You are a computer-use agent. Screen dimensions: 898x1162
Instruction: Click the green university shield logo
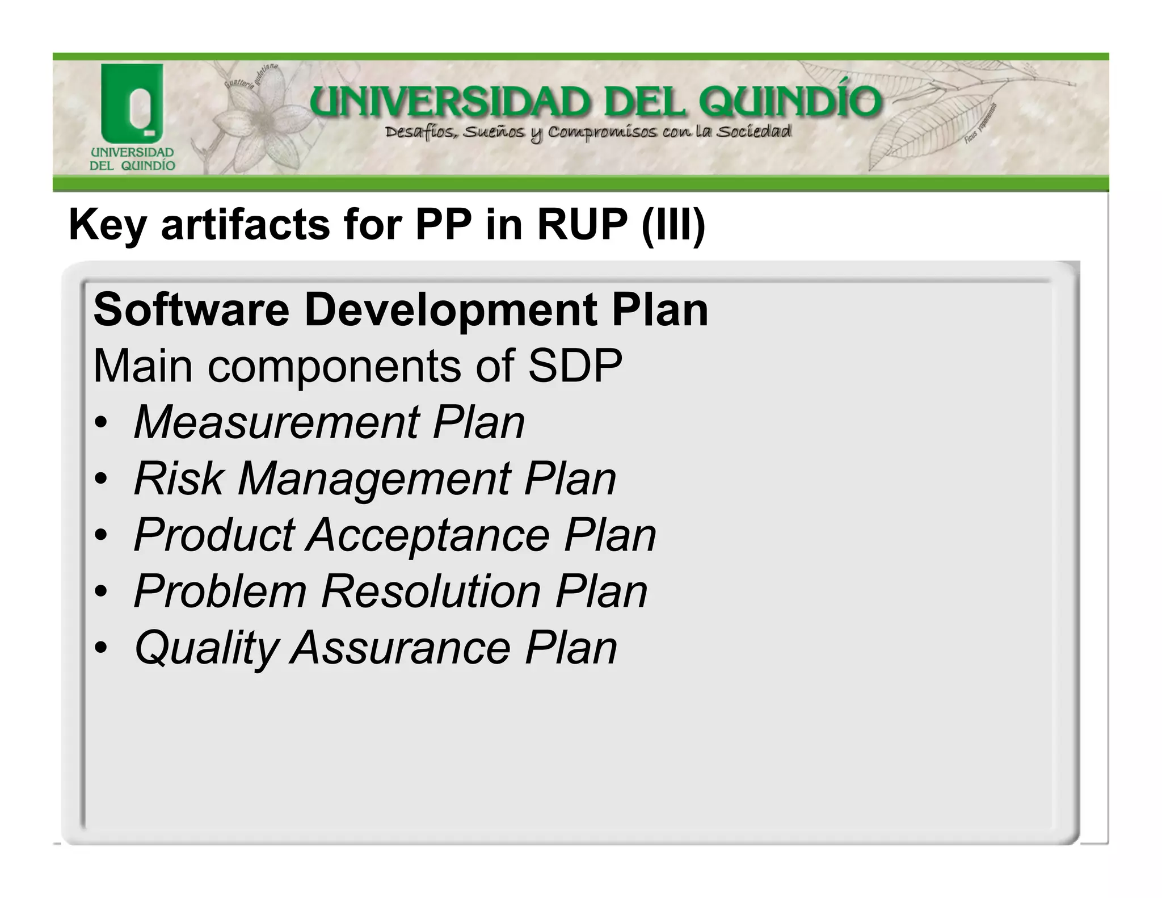tap(132, 102)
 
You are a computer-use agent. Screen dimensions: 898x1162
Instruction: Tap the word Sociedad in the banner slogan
tap(753, 132)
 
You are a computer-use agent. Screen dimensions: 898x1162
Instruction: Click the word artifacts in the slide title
tap(245, 225)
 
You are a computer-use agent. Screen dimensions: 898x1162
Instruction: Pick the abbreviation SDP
tap(575, 366)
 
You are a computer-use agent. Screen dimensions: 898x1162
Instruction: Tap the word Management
tap(374, 480)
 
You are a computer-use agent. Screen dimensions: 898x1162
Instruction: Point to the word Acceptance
tap(428, 535)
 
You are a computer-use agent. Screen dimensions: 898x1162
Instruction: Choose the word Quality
tap(206, 648)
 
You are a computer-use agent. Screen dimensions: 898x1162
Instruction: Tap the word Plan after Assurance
tap(570, 648)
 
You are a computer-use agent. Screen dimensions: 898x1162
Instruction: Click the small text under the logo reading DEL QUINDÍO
tap(132, 166)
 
